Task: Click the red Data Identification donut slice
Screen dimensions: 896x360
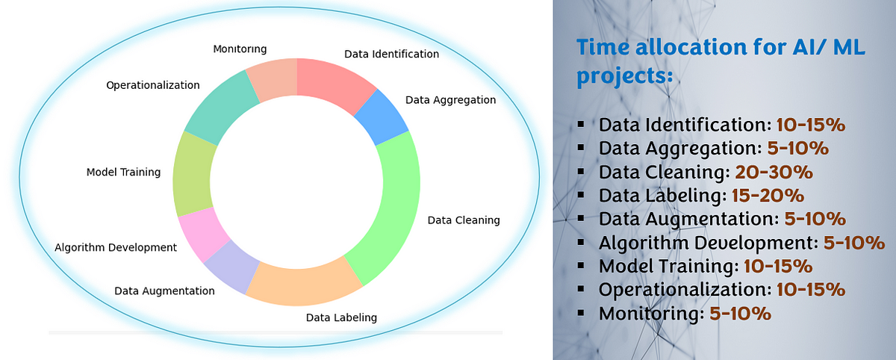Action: (332, 83)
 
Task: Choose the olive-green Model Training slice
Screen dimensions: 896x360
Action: (192, 175)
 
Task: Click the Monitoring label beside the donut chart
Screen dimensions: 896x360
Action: (240, 49)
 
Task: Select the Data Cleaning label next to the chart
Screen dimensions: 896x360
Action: (464, 220)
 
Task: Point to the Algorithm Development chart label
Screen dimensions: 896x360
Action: (116, 248)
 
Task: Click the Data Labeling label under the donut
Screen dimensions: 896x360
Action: (341, 317)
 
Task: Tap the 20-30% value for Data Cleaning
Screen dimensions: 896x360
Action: (774, 172)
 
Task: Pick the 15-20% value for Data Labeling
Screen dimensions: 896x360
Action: (768, 196)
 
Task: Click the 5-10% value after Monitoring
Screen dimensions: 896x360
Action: (740, 313)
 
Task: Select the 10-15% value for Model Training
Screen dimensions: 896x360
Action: (778, 266)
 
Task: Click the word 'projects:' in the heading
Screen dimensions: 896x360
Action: (624, 76)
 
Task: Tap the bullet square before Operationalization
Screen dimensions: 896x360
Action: (581, 289)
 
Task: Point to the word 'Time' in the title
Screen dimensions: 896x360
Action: (603, 47)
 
